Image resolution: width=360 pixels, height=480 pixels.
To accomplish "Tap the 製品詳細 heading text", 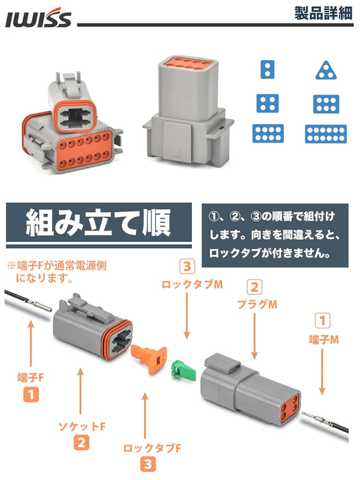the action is click(x=324, y=13).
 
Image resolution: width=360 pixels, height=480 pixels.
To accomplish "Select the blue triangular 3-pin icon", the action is click(x=326, y=70).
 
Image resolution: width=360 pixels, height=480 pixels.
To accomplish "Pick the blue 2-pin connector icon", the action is click(x=267, y=69).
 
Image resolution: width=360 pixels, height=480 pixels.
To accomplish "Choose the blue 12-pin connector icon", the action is click(x=326, y=134).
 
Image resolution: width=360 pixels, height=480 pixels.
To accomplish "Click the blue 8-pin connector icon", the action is click(x=268, y=134).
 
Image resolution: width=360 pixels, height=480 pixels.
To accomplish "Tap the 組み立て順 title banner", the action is click(x=99, y=222).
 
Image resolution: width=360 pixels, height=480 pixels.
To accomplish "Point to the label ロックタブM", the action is click(x=192, y=285).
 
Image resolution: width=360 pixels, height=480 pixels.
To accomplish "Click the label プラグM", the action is click(x=257, y=304).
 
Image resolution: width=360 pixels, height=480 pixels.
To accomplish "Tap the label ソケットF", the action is click(x=82, y=427).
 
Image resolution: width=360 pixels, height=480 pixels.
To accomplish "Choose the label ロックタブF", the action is click(x=152, y=448).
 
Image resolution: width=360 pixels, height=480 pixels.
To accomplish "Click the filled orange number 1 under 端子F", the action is click(x=31, y=394).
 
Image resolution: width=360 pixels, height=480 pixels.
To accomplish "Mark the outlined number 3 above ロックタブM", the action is click(x=187, y=266).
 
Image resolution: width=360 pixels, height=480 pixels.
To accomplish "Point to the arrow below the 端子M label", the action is click(x=322, y=372).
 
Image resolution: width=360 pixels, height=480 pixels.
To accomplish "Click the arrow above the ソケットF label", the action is click(x=80, y=392).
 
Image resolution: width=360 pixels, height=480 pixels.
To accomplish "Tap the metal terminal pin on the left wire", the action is click(x=39, y=305).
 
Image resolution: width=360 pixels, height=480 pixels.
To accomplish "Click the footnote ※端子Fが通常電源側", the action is click(x=57, y=265).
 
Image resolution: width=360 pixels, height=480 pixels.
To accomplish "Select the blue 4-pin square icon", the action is click(x=267, y=103).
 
